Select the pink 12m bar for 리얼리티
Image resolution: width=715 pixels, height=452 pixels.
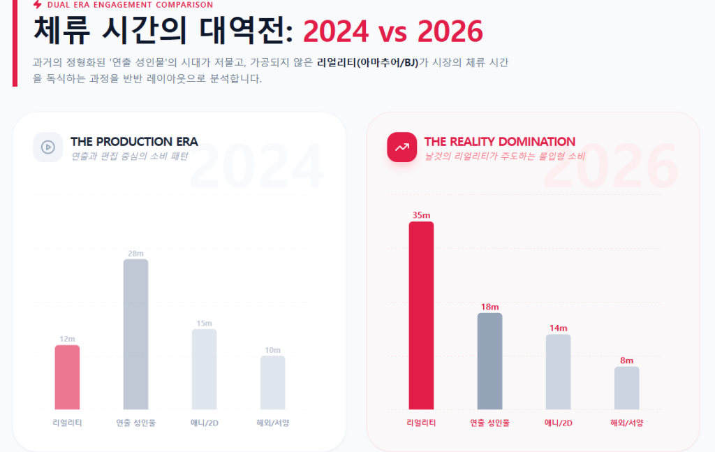coord(67,377)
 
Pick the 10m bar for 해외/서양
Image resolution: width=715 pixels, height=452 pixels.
coord(272,382)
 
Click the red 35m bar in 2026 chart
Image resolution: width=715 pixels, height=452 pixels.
coord(421,315)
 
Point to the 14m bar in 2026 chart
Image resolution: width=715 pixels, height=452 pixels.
coord(558,372)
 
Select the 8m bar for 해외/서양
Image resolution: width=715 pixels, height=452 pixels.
coord(626,388)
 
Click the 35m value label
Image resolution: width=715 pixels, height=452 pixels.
coord(421,215)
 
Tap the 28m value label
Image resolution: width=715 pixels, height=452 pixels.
coord(135,253)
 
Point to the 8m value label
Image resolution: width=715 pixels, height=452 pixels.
coord(626,360)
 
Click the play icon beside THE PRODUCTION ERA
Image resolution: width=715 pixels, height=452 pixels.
coord(47,147)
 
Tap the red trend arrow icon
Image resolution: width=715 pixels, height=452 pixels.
coord(401,147)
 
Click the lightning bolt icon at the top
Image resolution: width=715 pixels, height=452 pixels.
coord(38,5)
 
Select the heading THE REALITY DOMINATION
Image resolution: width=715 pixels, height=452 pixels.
coord(499,142)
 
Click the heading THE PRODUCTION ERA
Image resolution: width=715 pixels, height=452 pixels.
coord(134,142)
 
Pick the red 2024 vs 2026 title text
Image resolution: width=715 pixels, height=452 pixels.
coord(393,31)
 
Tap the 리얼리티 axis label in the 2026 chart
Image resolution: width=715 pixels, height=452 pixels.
coord(421,423)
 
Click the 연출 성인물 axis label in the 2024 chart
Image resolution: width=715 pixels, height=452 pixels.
coord(135,423)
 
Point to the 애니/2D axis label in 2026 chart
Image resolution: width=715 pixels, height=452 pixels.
coord(558,423)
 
